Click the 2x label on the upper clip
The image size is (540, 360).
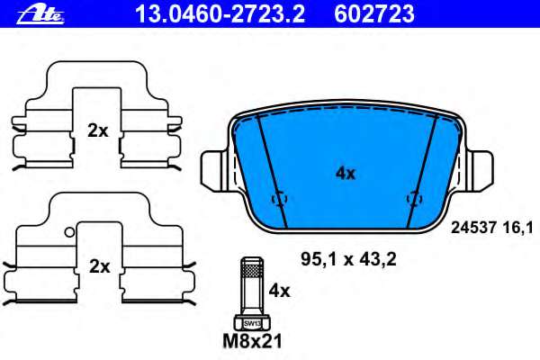(97, 130)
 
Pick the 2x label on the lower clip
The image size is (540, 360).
(97, 266)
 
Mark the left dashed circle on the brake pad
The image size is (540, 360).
(278, 199)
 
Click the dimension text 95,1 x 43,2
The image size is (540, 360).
(347, 261)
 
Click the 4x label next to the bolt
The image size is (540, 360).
(280, 291)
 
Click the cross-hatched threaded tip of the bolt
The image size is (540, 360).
(251, 267)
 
